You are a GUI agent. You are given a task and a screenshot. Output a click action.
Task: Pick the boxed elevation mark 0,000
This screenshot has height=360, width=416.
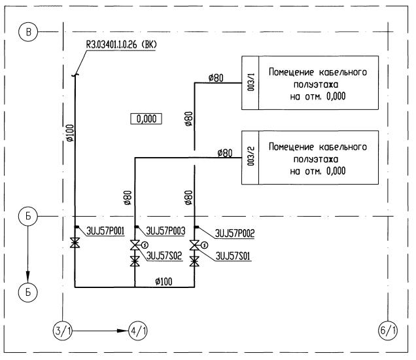(146, 118)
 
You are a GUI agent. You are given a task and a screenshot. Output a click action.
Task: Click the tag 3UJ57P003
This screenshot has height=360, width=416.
(166, 230)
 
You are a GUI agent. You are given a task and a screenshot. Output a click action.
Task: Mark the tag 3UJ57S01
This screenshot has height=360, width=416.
(233, 256)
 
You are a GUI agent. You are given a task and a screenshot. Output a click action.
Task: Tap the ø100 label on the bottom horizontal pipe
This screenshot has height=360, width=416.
(165, 281)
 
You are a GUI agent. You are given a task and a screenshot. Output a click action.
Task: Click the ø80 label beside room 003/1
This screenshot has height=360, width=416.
(216, 78)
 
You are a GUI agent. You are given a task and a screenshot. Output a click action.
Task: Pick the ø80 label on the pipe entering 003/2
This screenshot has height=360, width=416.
(224, 153)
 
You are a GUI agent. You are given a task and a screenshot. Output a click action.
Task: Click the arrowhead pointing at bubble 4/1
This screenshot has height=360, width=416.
(124, 331)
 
